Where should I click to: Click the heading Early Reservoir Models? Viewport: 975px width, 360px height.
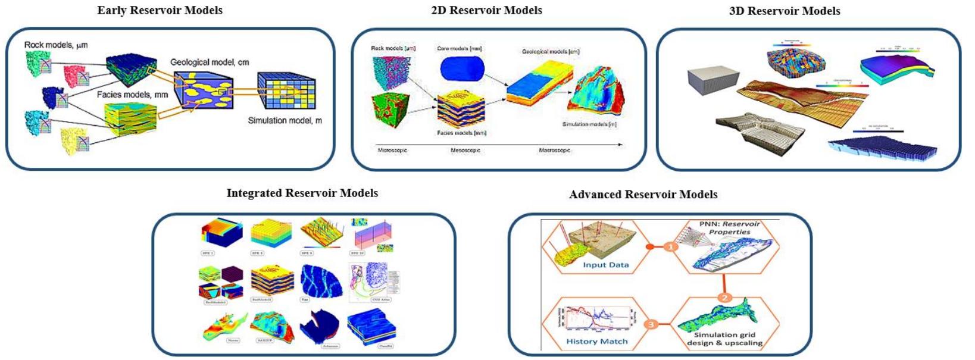click(160, 10)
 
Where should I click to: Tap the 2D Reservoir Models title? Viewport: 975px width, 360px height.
click(486, 10)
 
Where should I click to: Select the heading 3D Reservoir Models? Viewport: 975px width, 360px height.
click(784, 11)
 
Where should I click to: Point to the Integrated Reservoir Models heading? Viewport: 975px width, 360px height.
click(302, 193)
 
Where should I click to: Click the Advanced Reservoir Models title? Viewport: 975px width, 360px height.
click(643, 195)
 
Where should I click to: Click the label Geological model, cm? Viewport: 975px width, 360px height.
click(210, 62)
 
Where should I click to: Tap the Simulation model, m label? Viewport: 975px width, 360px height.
click(285, 120)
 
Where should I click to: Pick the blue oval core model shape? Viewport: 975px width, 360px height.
click(462, 69)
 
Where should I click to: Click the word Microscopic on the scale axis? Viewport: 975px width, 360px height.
click(392, 151)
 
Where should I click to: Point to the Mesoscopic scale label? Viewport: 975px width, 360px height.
click(465, 151)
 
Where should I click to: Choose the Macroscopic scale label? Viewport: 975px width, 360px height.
click(554, 151)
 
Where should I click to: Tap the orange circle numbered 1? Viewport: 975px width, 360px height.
click(671, 246)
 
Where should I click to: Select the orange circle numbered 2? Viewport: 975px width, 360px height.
click(724, 298)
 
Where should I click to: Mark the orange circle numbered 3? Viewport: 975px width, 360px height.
click(651, 324)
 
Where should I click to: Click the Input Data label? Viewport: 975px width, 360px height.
click(605, 265)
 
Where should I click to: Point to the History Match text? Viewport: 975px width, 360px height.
click(596, 342)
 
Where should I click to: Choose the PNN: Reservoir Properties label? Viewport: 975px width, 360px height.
click(729, 228)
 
